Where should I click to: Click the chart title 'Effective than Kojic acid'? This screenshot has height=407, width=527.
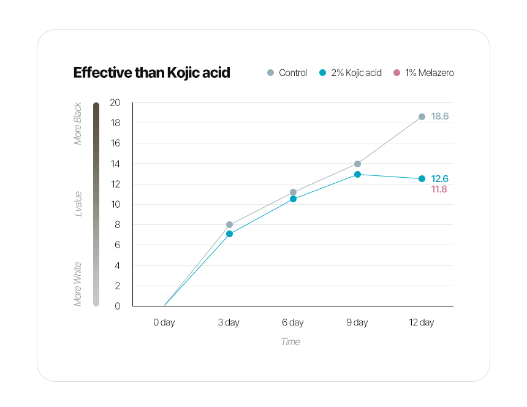pyautogui.click(x=151, y=72)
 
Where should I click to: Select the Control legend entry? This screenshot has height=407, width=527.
pyautogui.click(x=287, y=73)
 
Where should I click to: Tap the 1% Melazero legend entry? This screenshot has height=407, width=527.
pyautogui.click(x=423, y=73)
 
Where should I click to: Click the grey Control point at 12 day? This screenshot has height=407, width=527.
pyautogui.click(x=422, y=116)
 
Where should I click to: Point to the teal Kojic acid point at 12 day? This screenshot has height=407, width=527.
pyautogui.click(x=422, y=179)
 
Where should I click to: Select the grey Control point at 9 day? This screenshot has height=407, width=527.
pyautogui.click(x=357, y=164)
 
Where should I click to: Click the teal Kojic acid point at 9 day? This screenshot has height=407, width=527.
pyautogui.click(x=357, y=175)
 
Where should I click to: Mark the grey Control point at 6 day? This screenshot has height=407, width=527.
pyautogui.click(x=293, y=192)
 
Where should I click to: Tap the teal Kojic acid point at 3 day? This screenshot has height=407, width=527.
pyautogui.click(x=229, y=234)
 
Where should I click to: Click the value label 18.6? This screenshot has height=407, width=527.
pyautogui.click(x=440, y=116)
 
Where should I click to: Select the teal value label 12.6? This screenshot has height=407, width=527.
pyautogui.click(x=440, y=179)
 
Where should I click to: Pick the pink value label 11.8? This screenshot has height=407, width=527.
pyautogui.click(x=439, y=189)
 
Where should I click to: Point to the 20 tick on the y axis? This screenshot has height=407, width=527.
pyautogui.click(x=115, y=102)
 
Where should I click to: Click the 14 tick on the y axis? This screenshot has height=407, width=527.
pyautogui.click(x=115, y=164)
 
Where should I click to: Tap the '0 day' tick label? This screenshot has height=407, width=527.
pyautogui.click(x=164, y=322)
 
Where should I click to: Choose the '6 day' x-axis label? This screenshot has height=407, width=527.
pyautogui.click(x=293, y=322)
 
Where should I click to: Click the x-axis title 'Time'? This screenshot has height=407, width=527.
pyautogui.click(x=290, y=342)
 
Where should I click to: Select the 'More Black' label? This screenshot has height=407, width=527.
pyautogui.click(x=78, y=124)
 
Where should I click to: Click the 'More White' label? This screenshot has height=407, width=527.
pyautogui.click(x=78, y=284)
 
